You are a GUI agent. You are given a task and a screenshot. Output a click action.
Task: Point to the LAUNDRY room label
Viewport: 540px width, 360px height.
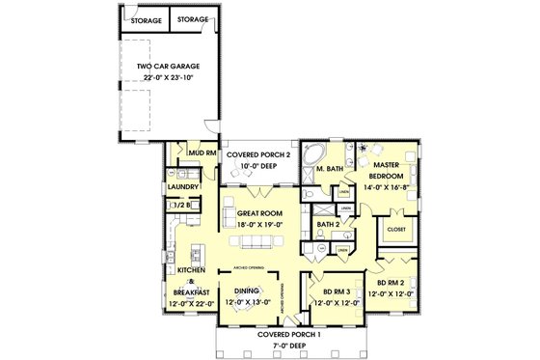[x=183, y=186]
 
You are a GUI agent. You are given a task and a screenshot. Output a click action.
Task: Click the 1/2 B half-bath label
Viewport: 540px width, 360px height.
[x=179, y=205]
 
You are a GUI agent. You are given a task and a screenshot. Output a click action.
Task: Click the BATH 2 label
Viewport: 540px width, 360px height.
[x=330, y=226]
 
